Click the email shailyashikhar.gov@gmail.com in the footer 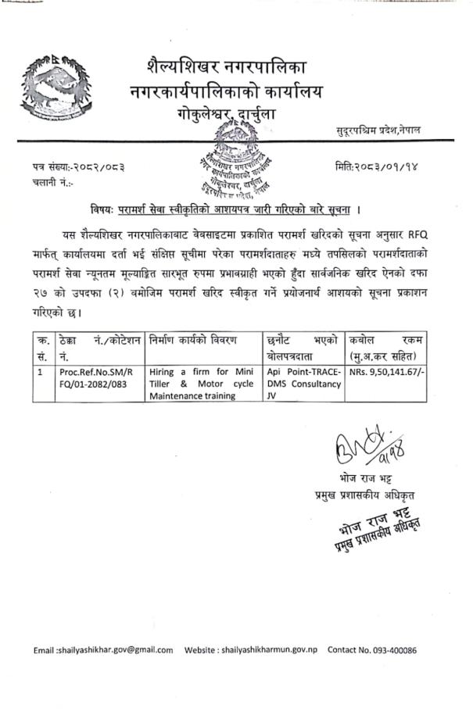tap(104, 649)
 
